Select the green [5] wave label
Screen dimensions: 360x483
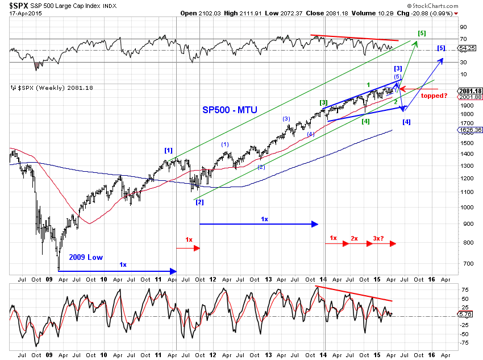[x=422, y=34]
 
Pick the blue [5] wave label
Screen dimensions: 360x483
[x=442, y=48]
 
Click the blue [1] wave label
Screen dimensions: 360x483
[x=168, y=150]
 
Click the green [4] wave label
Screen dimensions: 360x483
[x=366, y=121]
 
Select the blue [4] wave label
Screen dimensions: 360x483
[x=406, y=122]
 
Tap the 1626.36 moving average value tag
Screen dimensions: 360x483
[x=469, y=130]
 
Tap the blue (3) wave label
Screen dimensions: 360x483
[x=286, y=119]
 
